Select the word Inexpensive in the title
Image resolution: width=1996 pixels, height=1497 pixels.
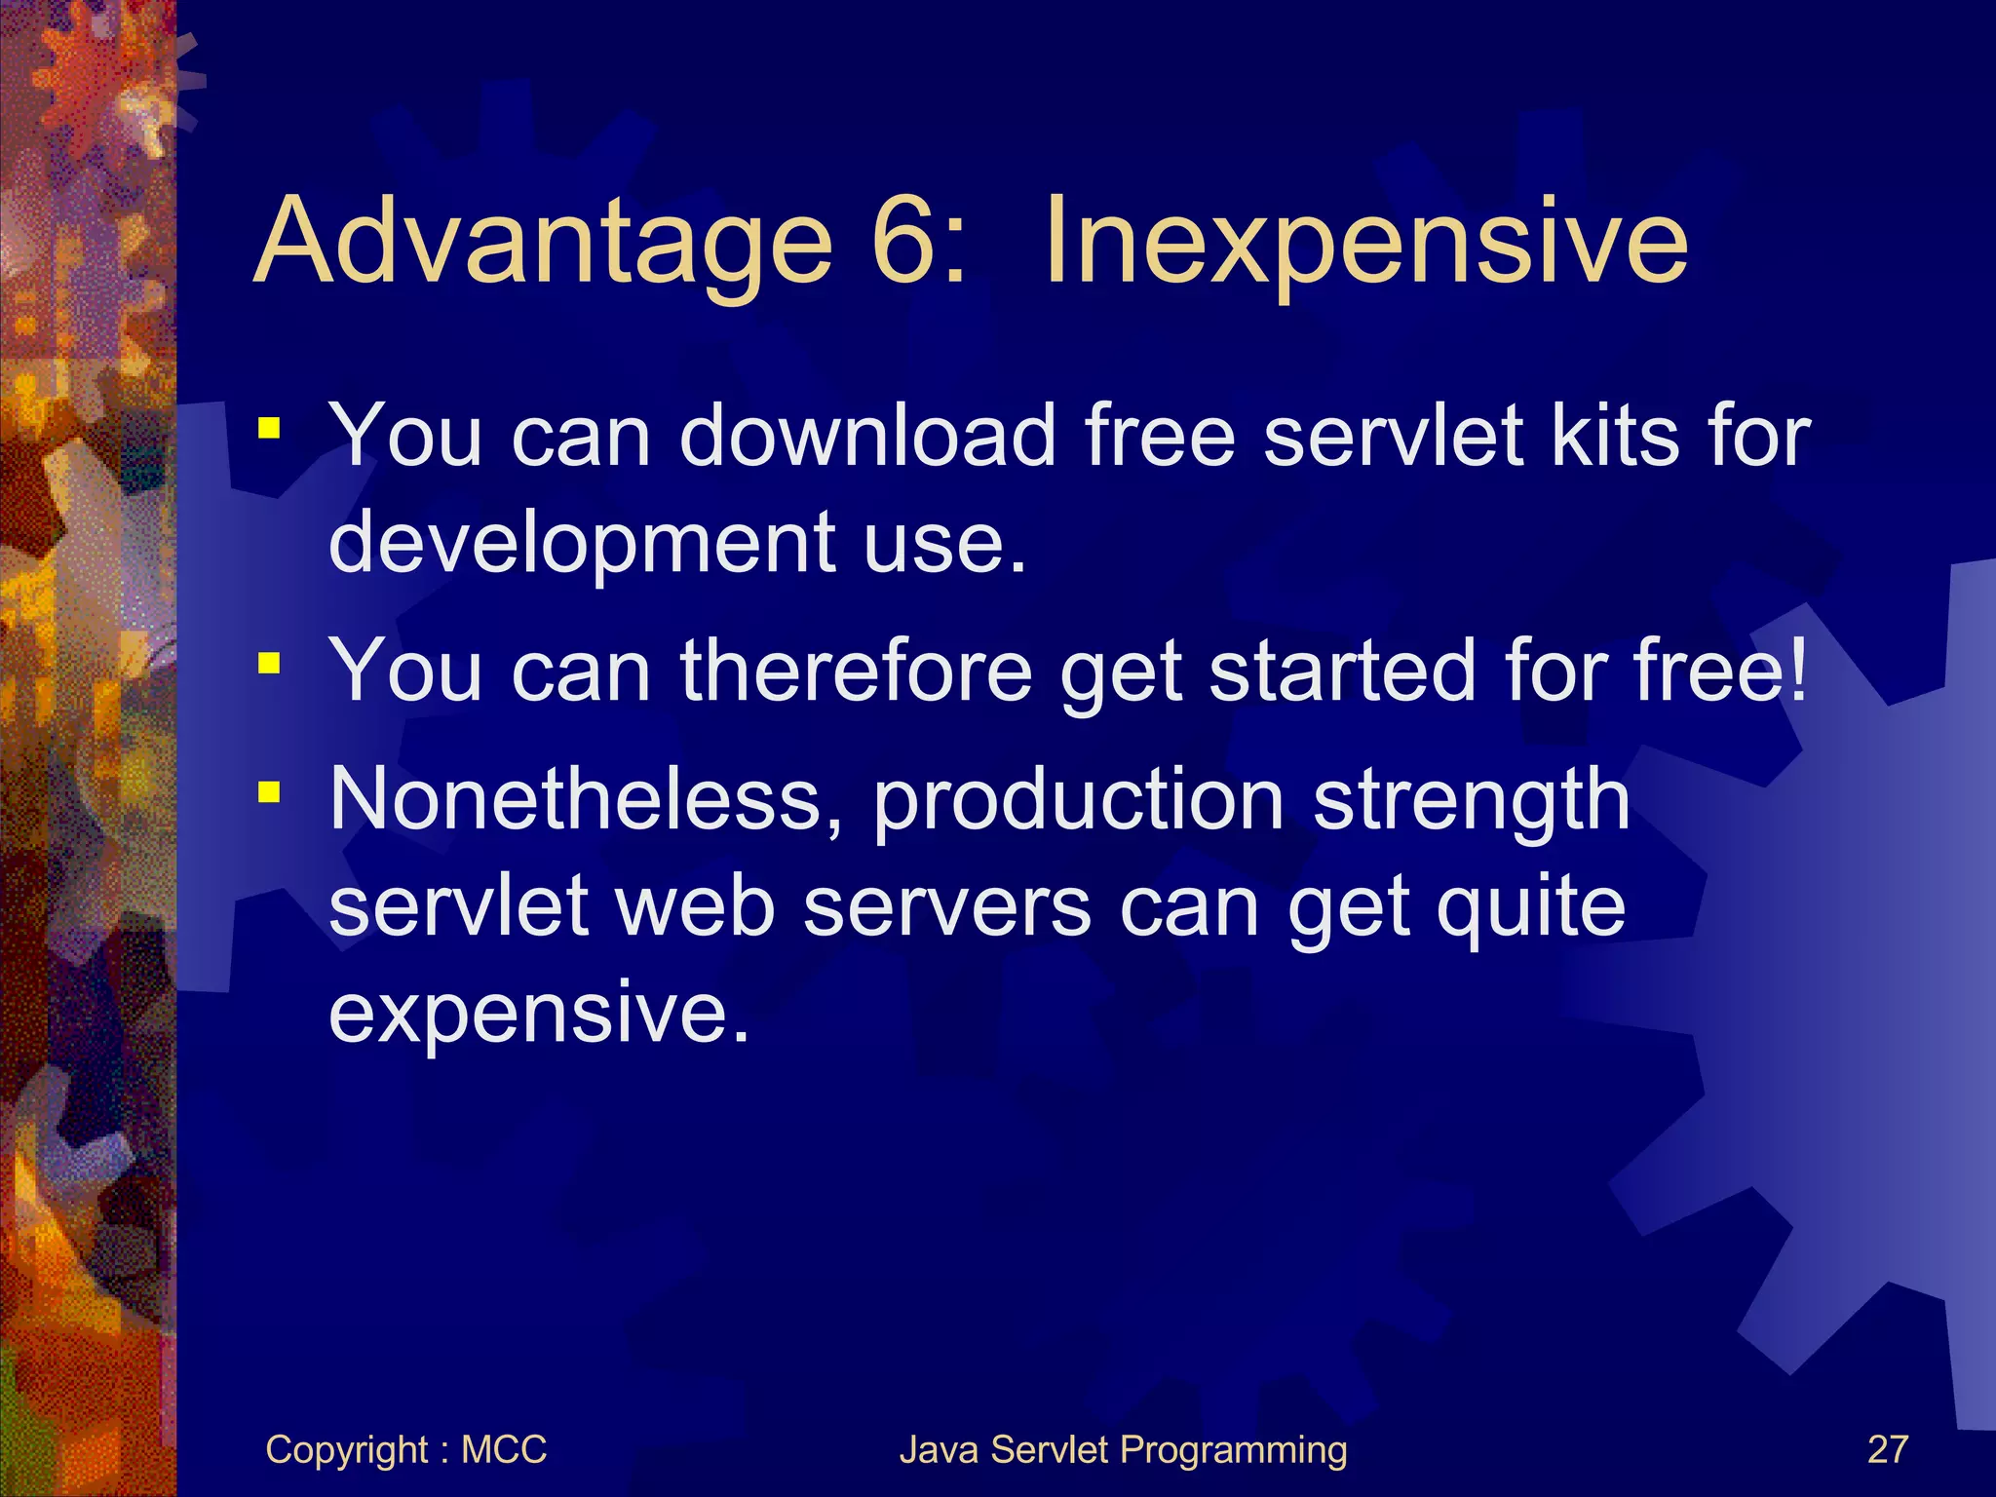(x=1364, y=242)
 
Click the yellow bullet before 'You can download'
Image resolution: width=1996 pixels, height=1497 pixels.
(x=270, y=429)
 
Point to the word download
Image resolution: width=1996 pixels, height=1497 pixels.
(x=866, y=436)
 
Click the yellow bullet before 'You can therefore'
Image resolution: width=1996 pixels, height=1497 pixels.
(x=270, y=664)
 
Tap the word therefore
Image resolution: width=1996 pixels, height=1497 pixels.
(x=855, y=671)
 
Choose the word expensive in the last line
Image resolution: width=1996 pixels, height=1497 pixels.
(x=538, y=1014)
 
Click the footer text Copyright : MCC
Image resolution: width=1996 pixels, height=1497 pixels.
(x=405, y=1449)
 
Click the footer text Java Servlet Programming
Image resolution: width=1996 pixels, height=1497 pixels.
(x=1123, y=1449)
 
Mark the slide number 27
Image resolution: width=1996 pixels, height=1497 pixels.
(x=1887, y=1449)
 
